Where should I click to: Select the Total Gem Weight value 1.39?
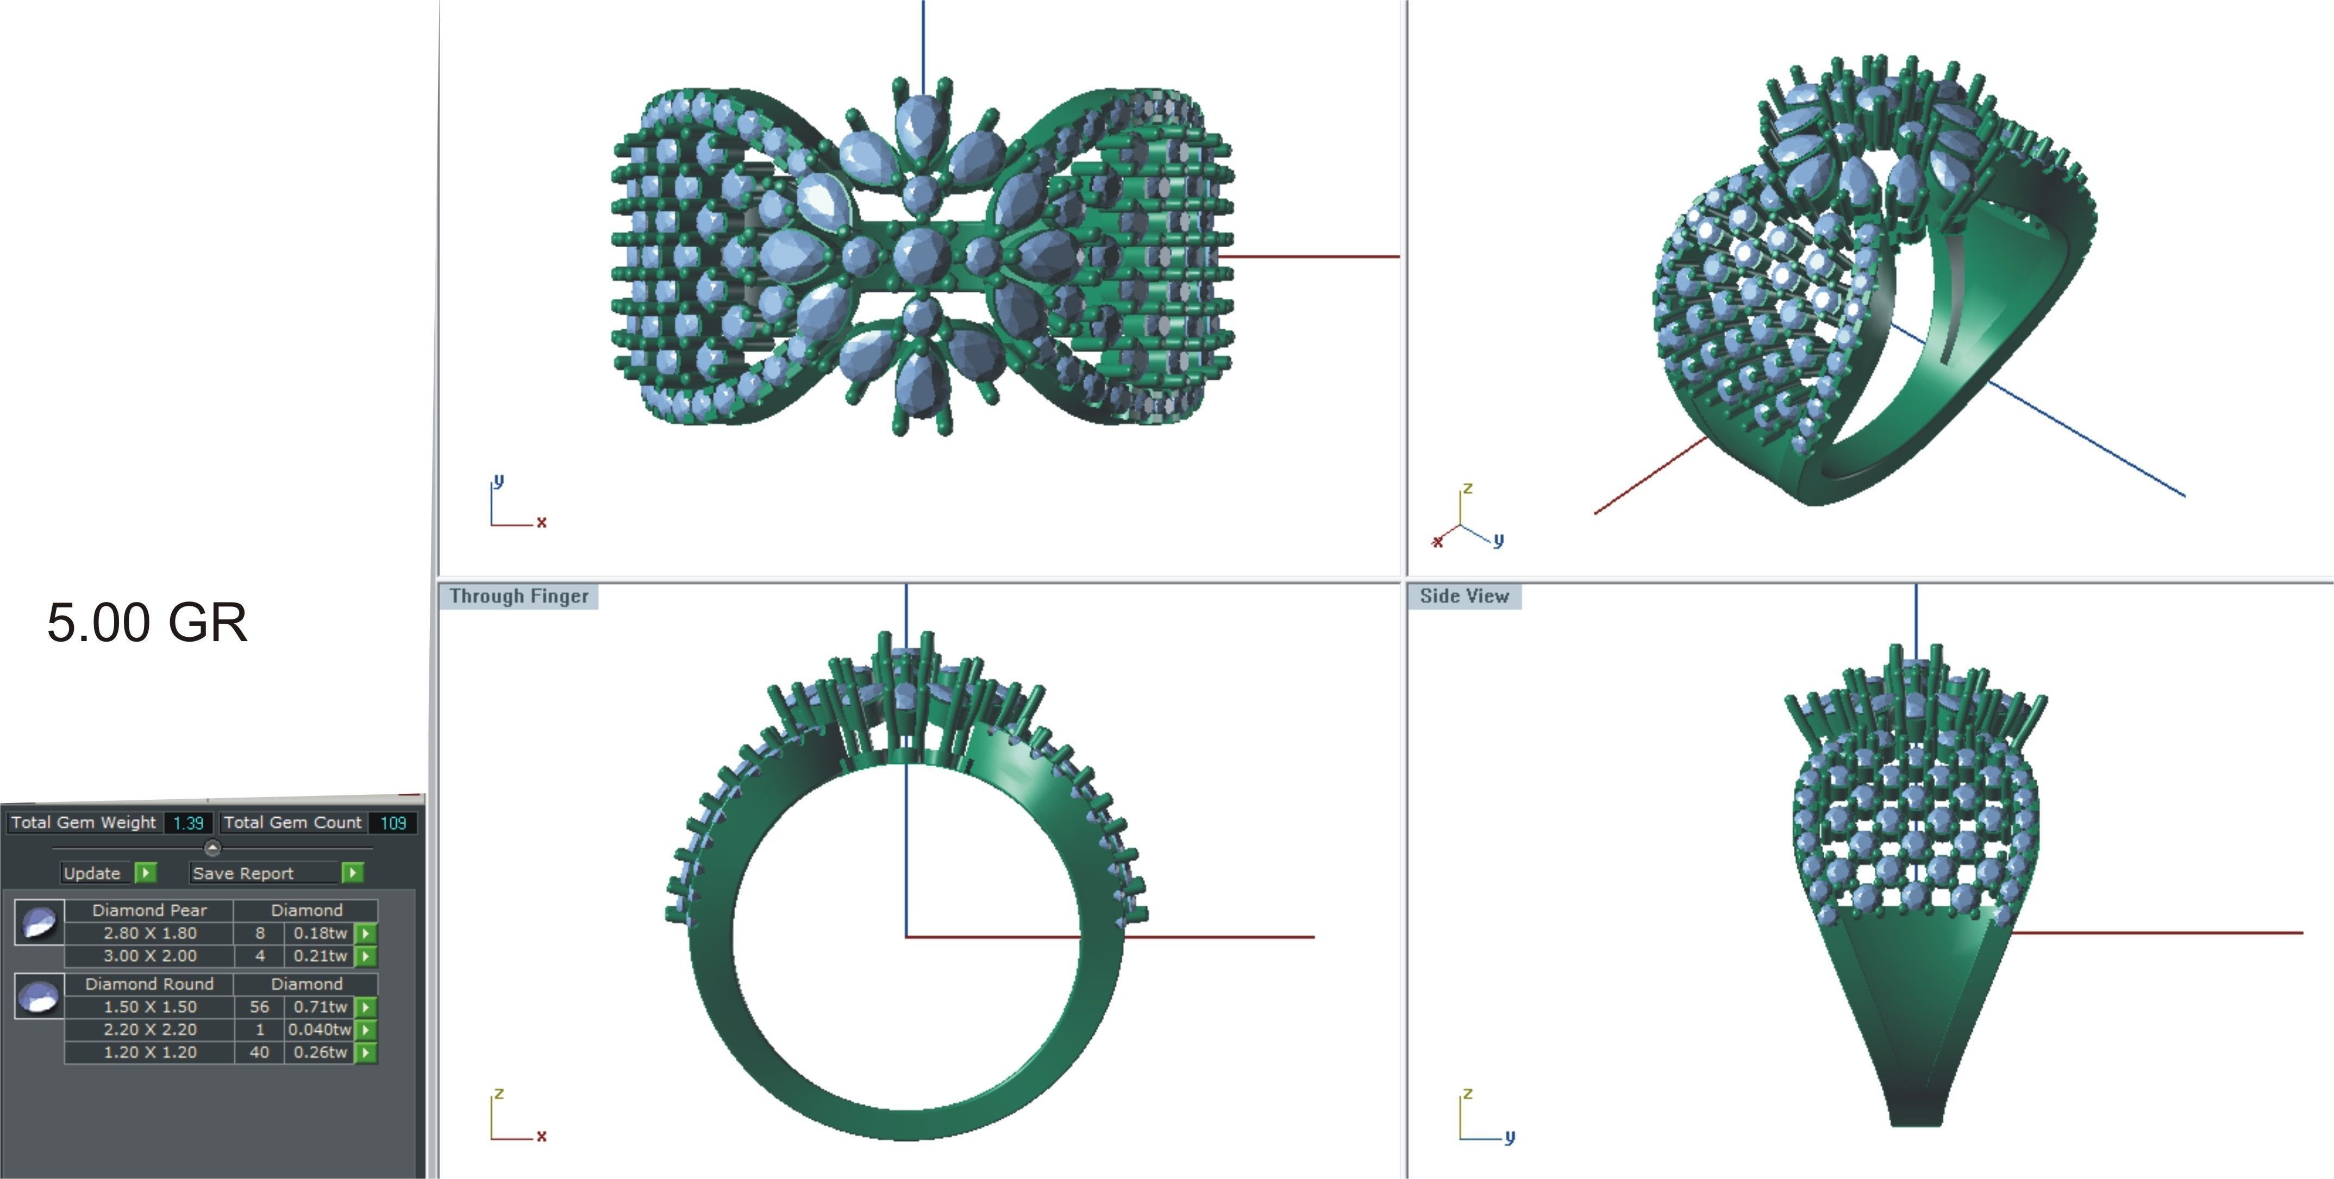pos(189,823)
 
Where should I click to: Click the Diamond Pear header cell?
pos(149,910)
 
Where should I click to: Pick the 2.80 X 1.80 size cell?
pos(149,932)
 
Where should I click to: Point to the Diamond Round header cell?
pos(149,983)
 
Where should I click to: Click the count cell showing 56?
pos(259,1007)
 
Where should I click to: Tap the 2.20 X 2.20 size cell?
pos(149,1030)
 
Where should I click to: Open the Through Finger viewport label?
pos(519,597)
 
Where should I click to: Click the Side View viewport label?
pos(1464,597)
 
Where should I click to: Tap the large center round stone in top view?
pos(922,255)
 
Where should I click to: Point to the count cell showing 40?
pos(259,1052)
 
